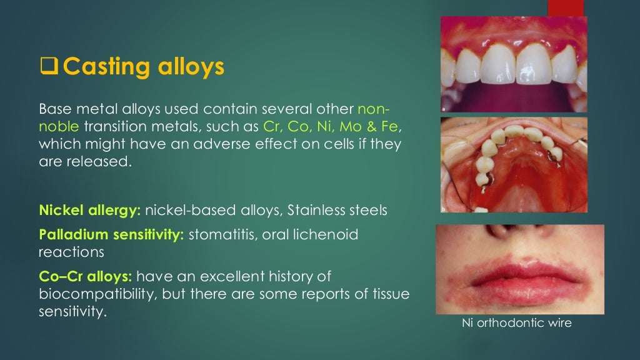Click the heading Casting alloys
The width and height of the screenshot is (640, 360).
point(143,66)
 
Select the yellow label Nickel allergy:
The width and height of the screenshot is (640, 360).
point(89,211)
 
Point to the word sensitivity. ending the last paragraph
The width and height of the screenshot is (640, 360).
point(72,311)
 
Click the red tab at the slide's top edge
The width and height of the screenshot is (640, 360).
point(565,7)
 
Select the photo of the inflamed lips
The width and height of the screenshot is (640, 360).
point(519,269)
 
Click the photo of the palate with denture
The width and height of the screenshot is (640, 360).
point(513,166)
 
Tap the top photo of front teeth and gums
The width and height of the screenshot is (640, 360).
point(513,64)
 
